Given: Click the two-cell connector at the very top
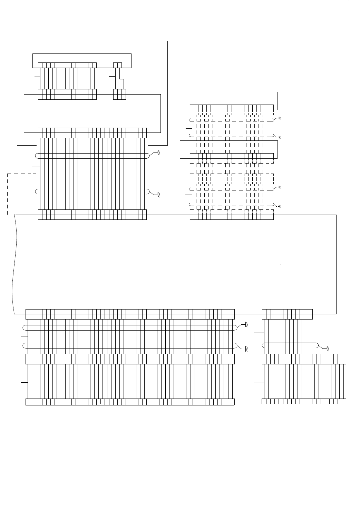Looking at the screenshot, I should (118, 65).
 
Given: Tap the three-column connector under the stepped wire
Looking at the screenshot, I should (119, 94).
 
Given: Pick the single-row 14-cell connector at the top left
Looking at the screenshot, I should (67, 65).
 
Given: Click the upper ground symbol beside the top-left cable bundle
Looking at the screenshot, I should (159, 152).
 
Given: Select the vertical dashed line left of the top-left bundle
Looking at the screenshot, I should (7, 193).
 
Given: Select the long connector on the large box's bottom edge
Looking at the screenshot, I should (130, 314).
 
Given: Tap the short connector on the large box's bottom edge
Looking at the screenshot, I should (287, 314).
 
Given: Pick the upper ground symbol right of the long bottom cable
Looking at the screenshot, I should (246, 325).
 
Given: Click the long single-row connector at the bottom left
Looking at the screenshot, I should (130, 402).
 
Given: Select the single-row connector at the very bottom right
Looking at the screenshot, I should (304, 401).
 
